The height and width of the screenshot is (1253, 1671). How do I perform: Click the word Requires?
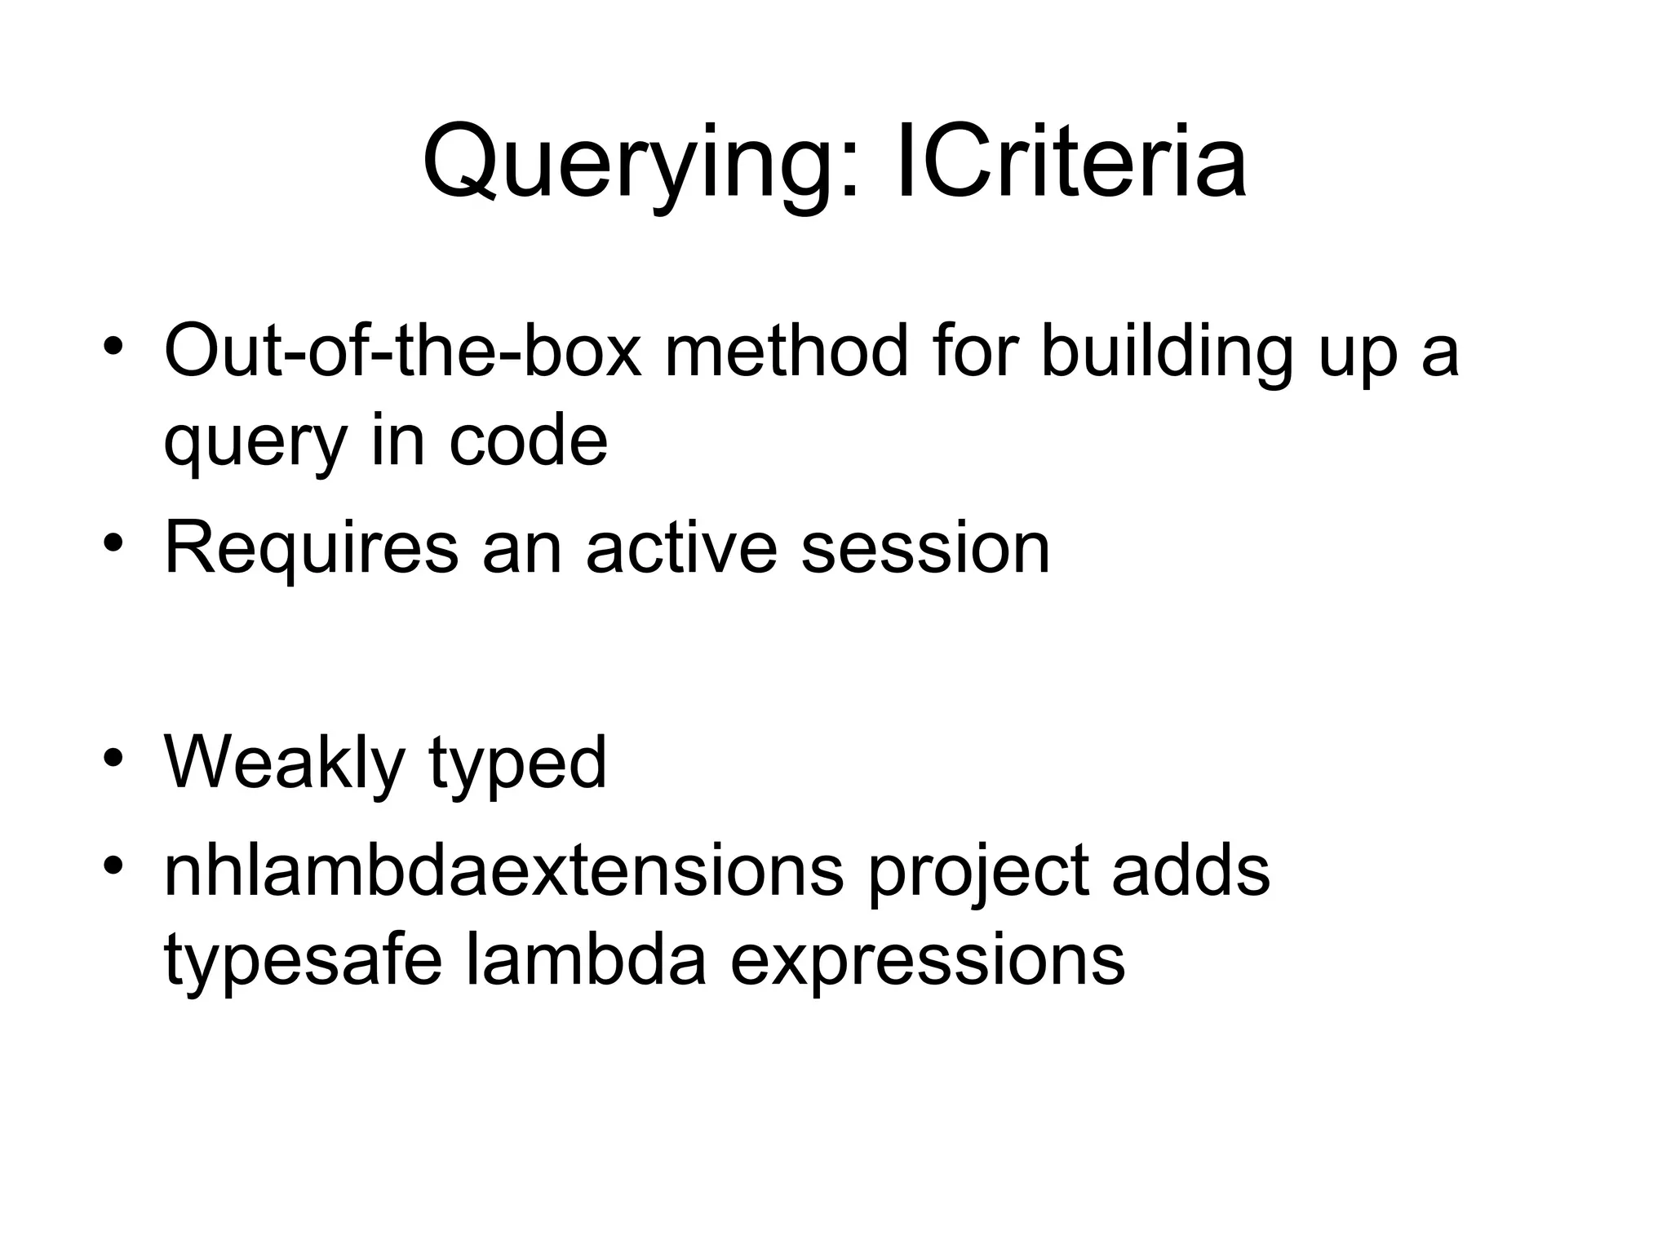(311, 549)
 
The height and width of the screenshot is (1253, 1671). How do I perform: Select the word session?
(925, 549)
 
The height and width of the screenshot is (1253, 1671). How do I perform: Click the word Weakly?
(285, 764)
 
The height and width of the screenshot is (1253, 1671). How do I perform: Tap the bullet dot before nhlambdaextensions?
(113, 864)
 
